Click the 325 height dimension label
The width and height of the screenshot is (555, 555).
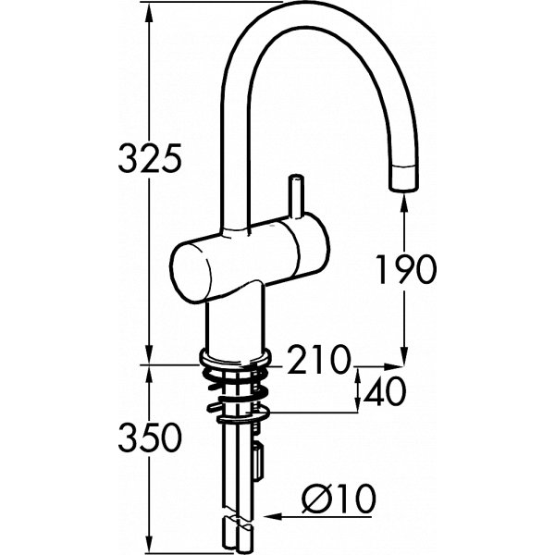coord(148,159)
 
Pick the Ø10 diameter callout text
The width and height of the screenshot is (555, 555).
coord(339,500)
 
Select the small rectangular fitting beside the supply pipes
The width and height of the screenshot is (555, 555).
coord(257,458)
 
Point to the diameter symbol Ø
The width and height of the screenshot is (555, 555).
coord(316,500)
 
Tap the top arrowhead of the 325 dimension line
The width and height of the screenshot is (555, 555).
coord(149,9)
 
